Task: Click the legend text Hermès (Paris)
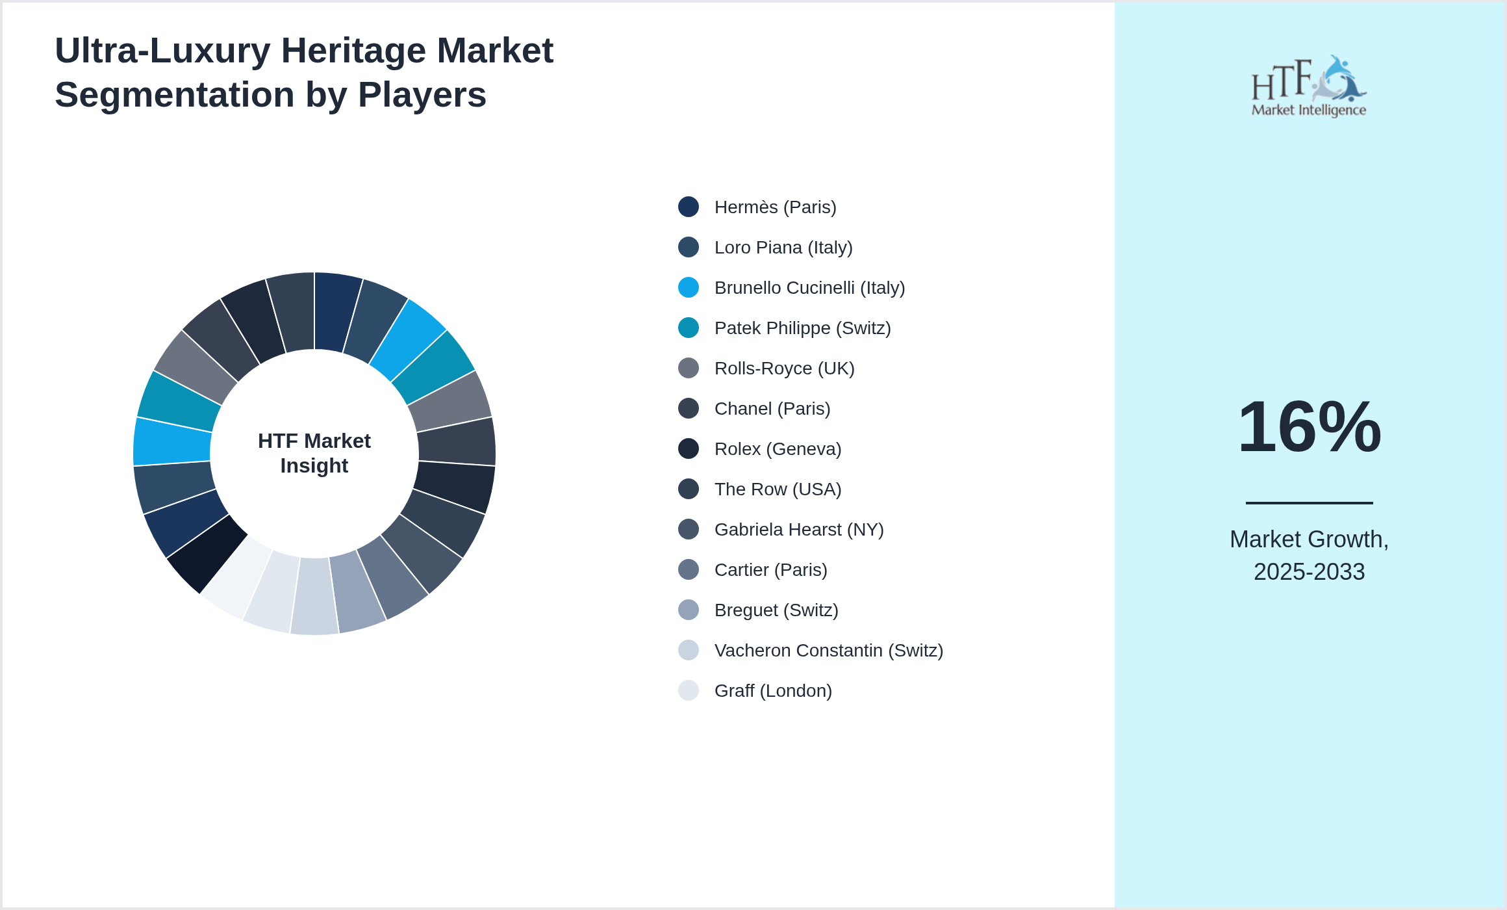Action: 775,207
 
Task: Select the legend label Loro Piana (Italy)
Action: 783,248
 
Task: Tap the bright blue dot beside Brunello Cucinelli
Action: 689,287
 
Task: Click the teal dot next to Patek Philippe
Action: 689,328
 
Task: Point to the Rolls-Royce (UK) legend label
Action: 784,369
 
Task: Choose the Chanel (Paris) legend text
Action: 772,409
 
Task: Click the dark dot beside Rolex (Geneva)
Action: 689,448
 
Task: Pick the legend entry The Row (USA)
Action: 778,489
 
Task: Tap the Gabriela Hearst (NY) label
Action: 798,530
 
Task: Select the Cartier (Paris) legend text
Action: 770,570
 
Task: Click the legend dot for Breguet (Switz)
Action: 689,610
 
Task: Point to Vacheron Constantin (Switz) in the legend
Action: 828,651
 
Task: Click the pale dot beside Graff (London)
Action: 689,690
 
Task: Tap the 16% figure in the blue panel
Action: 1309,427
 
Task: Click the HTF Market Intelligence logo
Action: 1309,86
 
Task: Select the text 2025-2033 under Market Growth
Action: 1309,572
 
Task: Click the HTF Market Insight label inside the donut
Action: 314,453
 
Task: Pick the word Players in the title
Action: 422,95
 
